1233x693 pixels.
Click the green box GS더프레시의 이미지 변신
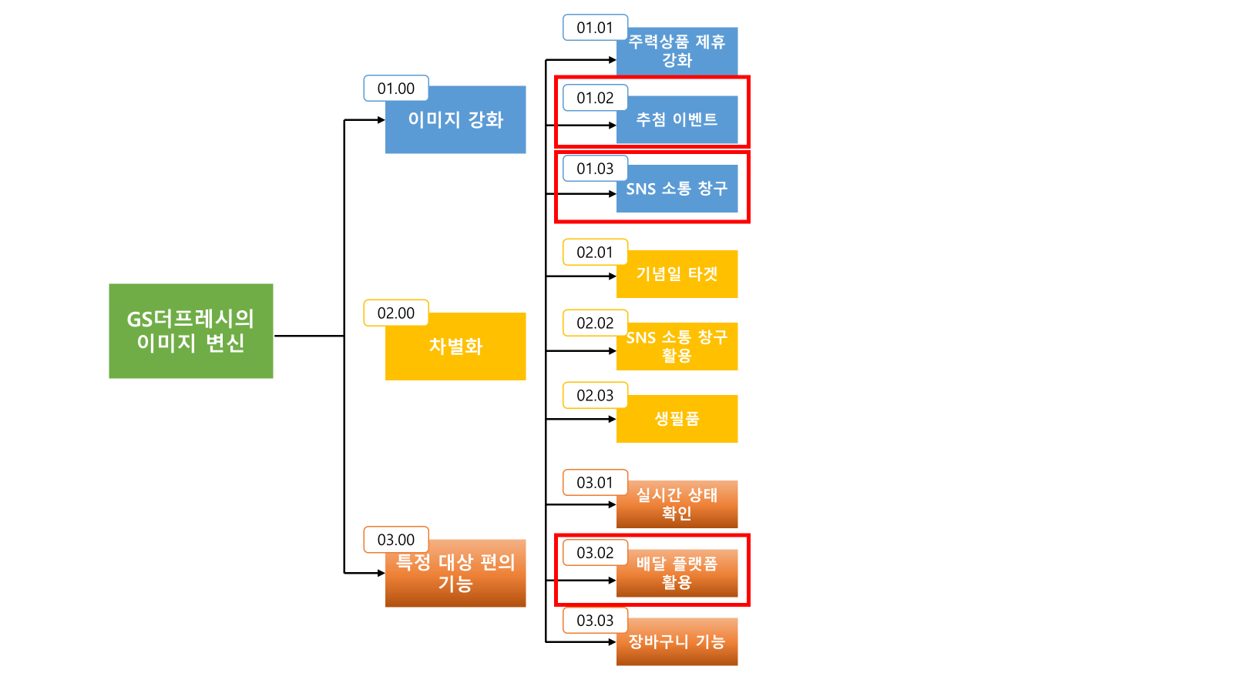(x=190, y=331)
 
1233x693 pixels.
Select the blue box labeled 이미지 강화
(x=455, y=120)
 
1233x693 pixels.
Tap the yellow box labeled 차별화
(x=455, y=346)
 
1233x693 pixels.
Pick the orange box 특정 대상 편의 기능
(x=455, y=574)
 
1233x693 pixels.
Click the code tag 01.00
(x=396, y=89)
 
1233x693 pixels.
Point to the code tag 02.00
(x=396, y=313)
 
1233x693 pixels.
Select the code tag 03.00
(x=396, y=540)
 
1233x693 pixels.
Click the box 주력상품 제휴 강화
(x=677, y=52)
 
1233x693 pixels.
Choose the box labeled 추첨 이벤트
(x=677, y=120)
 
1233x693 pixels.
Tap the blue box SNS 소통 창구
(x=677, y=189)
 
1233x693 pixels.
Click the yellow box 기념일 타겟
(x=677, y=274)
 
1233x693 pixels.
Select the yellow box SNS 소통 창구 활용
(x=677, y=346)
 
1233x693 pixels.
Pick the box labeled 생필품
(x=677, y=419)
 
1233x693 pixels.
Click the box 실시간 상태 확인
(x=677, y=504)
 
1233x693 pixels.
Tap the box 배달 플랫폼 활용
(x=677, y=574)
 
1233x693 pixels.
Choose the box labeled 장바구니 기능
(x=677, y=642)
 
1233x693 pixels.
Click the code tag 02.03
(x=595, y=396)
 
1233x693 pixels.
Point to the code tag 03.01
(x=595, y=483)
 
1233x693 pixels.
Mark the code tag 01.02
(x=595, y=98)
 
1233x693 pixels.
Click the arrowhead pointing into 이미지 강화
(x=381, y=120)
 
